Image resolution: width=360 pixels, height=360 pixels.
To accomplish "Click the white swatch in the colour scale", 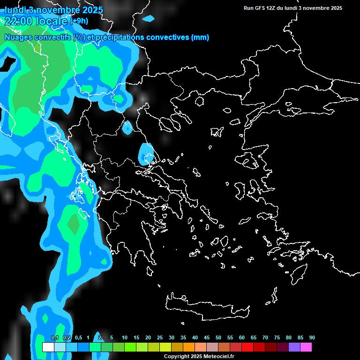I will pyautogui.click(x=48, y=347).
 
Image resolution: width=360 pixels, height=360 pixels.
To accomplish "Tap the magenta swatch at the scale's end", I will pyautogui.click(x=306, y=347).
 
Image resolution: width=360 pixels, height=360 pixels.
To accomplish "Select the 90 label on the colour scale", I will pyautogui.click(x=312, y=337).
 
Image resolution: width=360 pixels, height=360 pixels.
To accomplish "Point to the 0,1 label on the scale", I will pyautogui.click(x=54, y=337).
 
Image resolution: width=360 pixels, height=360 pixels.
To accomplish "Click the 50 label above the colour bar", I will pyautogui.click(x=218, y=337).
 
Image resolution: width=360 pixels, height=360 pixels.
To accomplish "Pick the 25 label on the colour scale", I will pyautogui.click(x=160, y=337).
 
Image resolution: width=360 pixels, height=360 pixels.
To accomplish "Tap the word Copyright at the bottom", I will pyautogui.click(x=176, y=357).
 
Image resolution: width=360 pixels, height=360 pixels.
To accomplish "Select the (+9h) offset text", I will pyautogui.click(x=78, y=21).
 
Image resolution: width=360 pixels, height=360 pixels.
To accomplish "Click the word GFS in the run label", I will pyautogui.click(x=260, y=8).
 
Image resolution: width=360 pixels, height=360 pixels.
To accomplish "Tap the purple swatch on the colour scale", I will pyautogui.click(x=294, y=347).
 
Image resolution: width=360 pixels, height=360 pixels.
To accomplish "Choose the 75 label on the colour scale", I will pyautogui.click(x=277, y=337).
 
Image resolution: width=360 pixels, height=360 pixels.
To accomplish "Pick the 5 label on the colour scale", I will pyautogui.click(x=111, y=337).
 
